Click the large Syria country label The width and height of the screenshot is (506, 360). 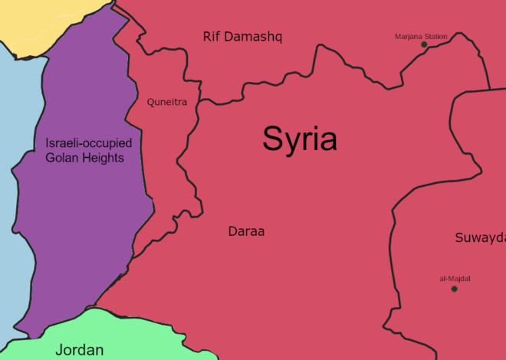[x=300, y=139]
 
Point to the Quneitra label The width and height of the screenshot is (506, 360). [x=167, y=101]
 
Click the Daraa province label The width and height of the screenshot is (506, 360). [x=246, y=231]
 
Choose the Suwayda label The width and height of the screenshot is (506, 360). [x=480, y=237]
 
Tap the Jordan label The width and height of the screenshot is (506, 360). [x=79, y=350]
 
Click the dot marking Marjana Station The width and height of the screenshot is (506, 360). [x=424, y=44]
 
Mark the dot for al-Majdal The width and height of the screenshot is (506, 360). [x=454, y=289]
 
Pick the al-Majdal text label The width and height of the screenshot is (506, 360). [x=455, y=279]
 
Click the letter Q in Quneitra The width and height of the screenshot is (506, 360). [x=151, y=101]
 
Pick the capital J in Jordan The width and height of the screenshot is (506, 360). [x=59, y=350]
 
